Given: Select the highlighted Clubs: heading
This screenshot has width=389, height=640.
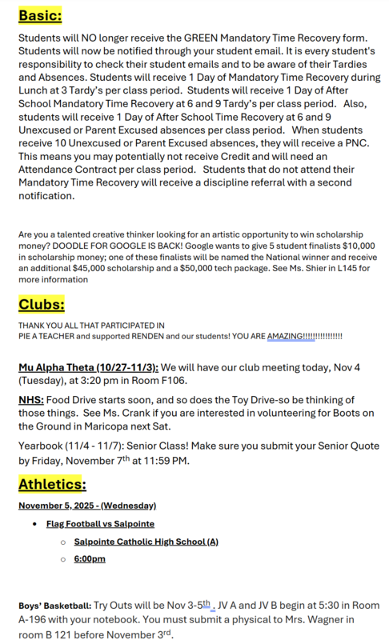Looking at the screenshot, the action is point(42,304).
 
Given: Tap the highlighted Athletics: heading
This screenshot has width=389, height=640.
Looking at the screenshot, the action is point(52,484).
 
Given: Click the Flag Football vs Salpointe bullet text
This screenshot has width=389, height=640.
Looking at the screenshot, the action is point(100,524).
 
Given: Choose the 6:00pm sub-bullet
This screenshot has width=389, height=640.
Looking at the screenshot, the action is point(90,558).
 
